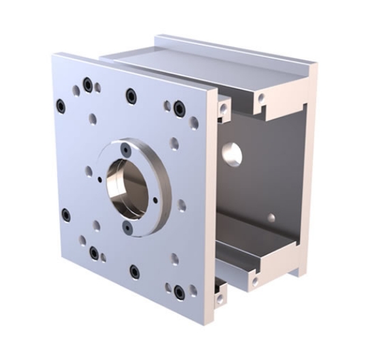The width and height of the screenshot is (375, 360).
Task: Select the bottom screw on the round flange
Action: click(127, 224)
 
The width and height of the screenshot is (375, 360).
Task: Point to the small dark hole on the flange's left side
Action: click(100, 179)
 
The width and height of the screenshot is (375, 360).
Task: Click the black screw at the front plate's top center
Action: click(130, 94)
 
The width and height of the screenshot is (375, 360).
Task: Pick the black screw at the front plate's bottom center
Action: click(134, 271)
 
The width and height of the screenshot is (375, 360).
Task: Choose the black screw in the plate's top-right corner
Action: click(179, 107)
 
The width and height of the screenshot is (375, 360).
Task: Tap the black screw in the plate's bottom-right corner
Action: click(179, 292)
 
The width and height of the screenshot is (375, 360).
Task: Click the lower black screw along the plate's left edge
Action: click(65, 216)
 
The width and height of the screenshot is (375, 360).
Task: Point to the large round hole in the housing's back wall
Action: click(230, 155)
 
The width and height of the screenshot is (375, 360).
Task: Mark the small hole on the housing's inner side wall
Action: click(271, 218)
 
